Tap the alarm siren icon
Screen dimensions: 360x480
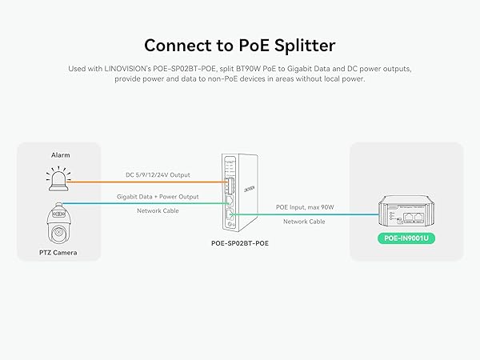60,178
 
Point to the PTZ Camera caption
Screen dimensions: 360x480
60,253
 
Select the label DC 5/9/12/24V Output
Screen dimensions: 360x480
158,174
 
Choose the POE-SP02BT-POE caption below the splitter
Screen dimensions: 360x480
240,242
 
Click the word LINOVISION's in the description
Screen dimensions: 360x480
126,70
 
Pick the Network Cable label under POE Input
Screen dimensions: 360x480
304,222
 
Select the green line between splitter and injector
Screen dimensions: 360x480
304,214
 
